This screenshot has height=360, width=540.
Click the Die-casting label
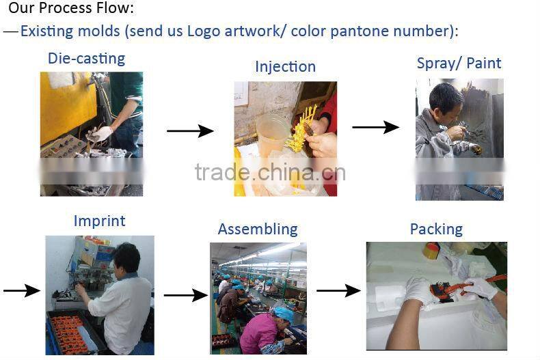click(86, 59)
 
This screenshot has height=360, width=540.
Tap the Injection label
click(285, 67)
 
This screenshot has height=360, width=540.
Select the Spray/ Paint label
click(459, 64)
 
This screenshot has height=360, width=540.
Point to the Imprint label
click(100, 221)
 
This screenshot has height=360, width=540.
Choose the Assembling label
click(258, 230)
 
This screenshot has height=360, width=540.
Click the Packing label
click(436, 230)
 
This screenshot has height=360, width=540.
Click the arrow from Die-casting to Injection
click(190, 130)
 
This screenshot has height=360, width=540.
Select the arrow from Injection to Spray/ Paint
click(375, 127)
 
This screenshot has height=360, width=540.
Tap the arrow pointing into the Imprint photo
click(21, 290)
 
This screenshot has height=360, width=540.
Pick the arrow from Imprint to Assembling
click(186, 295)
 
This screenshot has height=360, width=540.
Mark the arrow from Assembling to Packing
click(338, 290)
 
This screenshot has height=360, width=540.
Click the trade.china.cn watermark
click(270, 172)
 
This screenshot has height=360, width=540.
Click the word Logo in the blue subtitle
click(204, 31)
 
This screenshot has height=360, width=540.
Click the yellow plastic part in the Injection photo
click(302, 129)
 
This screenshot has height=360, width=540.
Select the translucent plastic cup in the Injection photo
click(272, 135)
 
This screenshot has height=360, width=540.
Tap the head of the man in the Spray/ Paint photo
click(445, 99)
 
